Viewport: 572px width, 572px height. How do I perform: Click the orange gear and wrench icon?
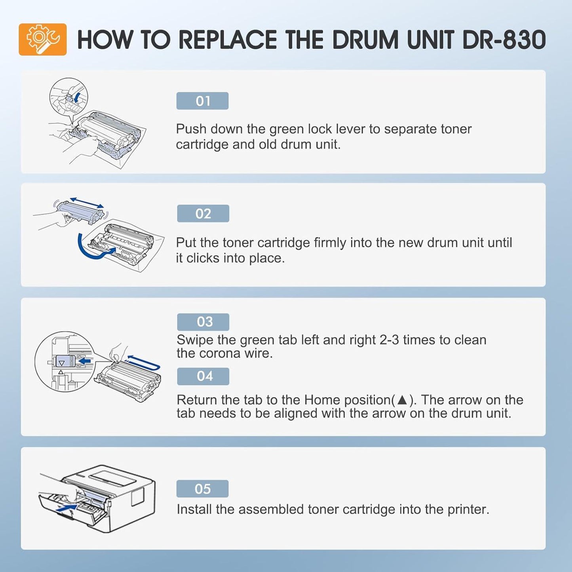43,40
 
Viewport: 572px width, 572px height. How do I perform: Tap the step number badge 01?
202,101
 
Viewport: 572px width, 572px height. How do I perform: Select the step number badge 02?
203,214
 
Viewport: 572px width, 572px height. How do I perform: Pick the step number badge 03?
203,322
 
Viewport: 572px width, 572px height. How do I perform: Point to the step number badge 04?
203,376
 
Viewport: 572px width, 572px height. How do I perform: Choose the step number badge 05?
202,489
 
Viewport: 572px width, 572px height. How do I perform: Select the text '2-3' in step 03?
389,340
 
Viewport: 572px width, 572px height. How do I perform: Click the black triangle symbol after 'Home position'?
402,400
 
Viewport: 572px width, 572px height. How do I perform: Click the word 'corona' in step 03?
221,353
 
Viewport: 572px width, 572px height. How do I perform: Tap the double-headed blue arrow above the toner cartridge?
87,203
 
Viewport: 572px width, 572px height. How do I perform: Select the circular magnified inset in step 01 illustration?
68,97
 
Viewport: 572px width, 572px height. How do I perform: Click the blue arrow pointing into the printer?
67,507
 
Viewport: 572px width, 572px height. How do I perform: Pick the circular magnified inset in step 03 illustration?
65,361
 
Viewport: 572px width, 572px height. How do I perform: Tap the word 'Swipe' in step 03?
195,340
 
